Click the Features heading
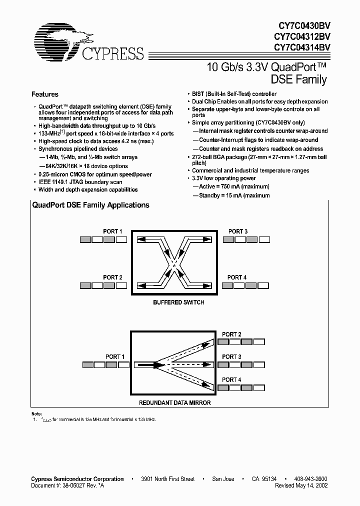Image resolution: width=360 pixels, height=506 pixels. pyautogui.click(x=45, y=94)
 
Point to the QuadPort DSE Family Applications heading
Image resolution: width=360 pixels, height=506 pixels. pyautogui.click(x=90, y=205)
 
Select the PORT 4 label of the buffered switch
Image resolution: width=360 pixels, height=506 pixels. pyautogui.click(x=237, y=277)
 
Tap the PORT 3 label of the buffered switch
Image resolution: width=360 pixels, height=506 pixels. pyautogui.click(x=238, y=231)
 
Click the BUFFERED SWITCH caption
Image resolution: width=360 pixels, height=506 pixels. pyautogui.click(x=178, y=302)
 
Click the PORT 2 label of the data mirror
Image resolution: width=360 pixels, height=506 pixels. pyautogui.click(x=232, y=334)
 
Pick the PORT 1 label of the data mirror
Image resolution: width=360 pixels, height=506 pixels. pyautogui.click(x=115, y=356)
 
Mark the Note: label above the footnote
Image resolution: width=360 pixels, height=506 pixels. pyautogui.click(x=37, y=413)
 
